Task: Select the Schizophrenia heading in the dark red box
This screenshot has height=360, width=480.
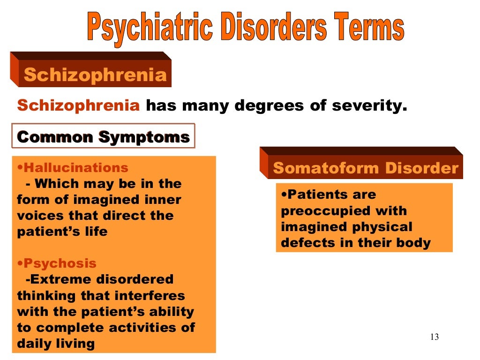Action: point(95,75)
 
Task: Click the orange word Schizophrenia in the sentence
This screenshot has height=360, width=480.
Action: point(78,105)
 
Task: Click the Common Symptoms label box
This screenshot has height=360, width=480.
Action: point(103,137)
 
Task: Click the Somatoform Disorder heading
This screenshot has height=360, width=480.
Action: point(366,168)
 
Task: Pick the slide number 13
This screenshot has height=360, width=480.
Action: point(434,337)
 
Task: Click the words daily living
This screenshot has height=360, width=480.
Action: point(56,344)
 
